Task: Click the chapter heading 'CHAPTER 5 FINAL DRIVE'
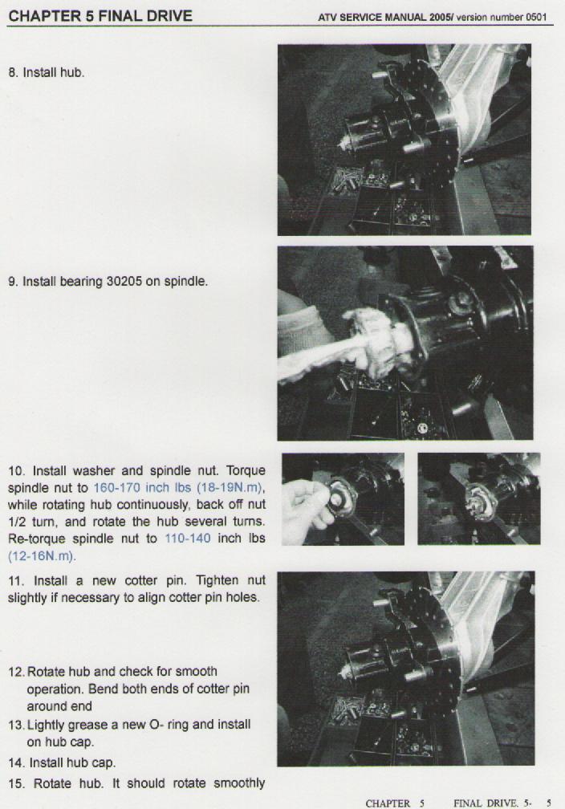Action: (100, 16)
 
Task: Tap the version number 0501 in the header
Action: (536, 17)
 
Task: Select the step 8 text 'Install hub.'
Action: (54, 72)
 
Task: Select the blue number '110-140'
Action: (187, 538)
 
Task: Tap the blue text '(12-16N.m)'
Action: (41, 556)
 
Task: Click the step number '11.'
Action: (16, 580)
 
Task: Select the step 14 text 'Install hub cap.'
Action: (72, 762)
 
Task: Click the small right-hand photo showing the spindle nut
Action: (479, 498)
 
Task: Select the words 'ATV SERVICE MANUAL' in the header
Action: (372, 17)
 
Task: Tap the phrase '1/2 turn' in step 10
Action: (29, 522)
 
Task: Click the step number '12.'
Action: (17, 673)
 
